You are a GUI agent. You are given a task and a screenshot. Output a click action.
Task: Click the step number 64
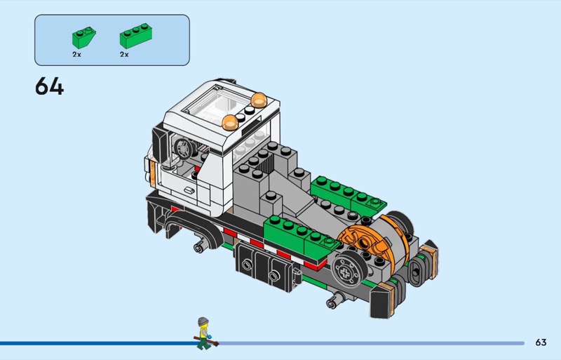tap(49, 86)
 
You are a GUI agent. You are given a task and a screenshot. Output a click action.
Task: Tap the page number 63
tap(541, 342)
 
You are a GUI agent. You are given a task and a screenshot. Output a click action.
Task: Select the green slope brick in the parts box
tap(83, 37)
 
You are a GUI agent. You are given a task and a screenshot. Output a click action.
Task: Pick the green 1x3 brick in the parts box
tap(135, 36)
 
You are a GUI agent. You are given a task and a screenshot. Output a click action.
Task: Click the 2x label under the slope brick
tap(76, 55)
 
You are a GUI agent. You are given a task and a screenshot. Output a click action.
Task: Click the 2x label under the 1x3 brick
tap(124, 55)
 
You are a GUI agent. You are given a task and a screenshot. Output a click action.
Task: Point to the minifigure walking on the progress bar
tap(205, 333)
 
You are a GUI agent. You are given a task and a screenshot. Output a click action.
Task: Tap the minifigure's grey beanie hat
tap(203, 321)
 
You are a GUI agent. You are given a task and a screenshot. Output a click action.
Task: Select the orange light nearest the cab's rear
tap(259, 100)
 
